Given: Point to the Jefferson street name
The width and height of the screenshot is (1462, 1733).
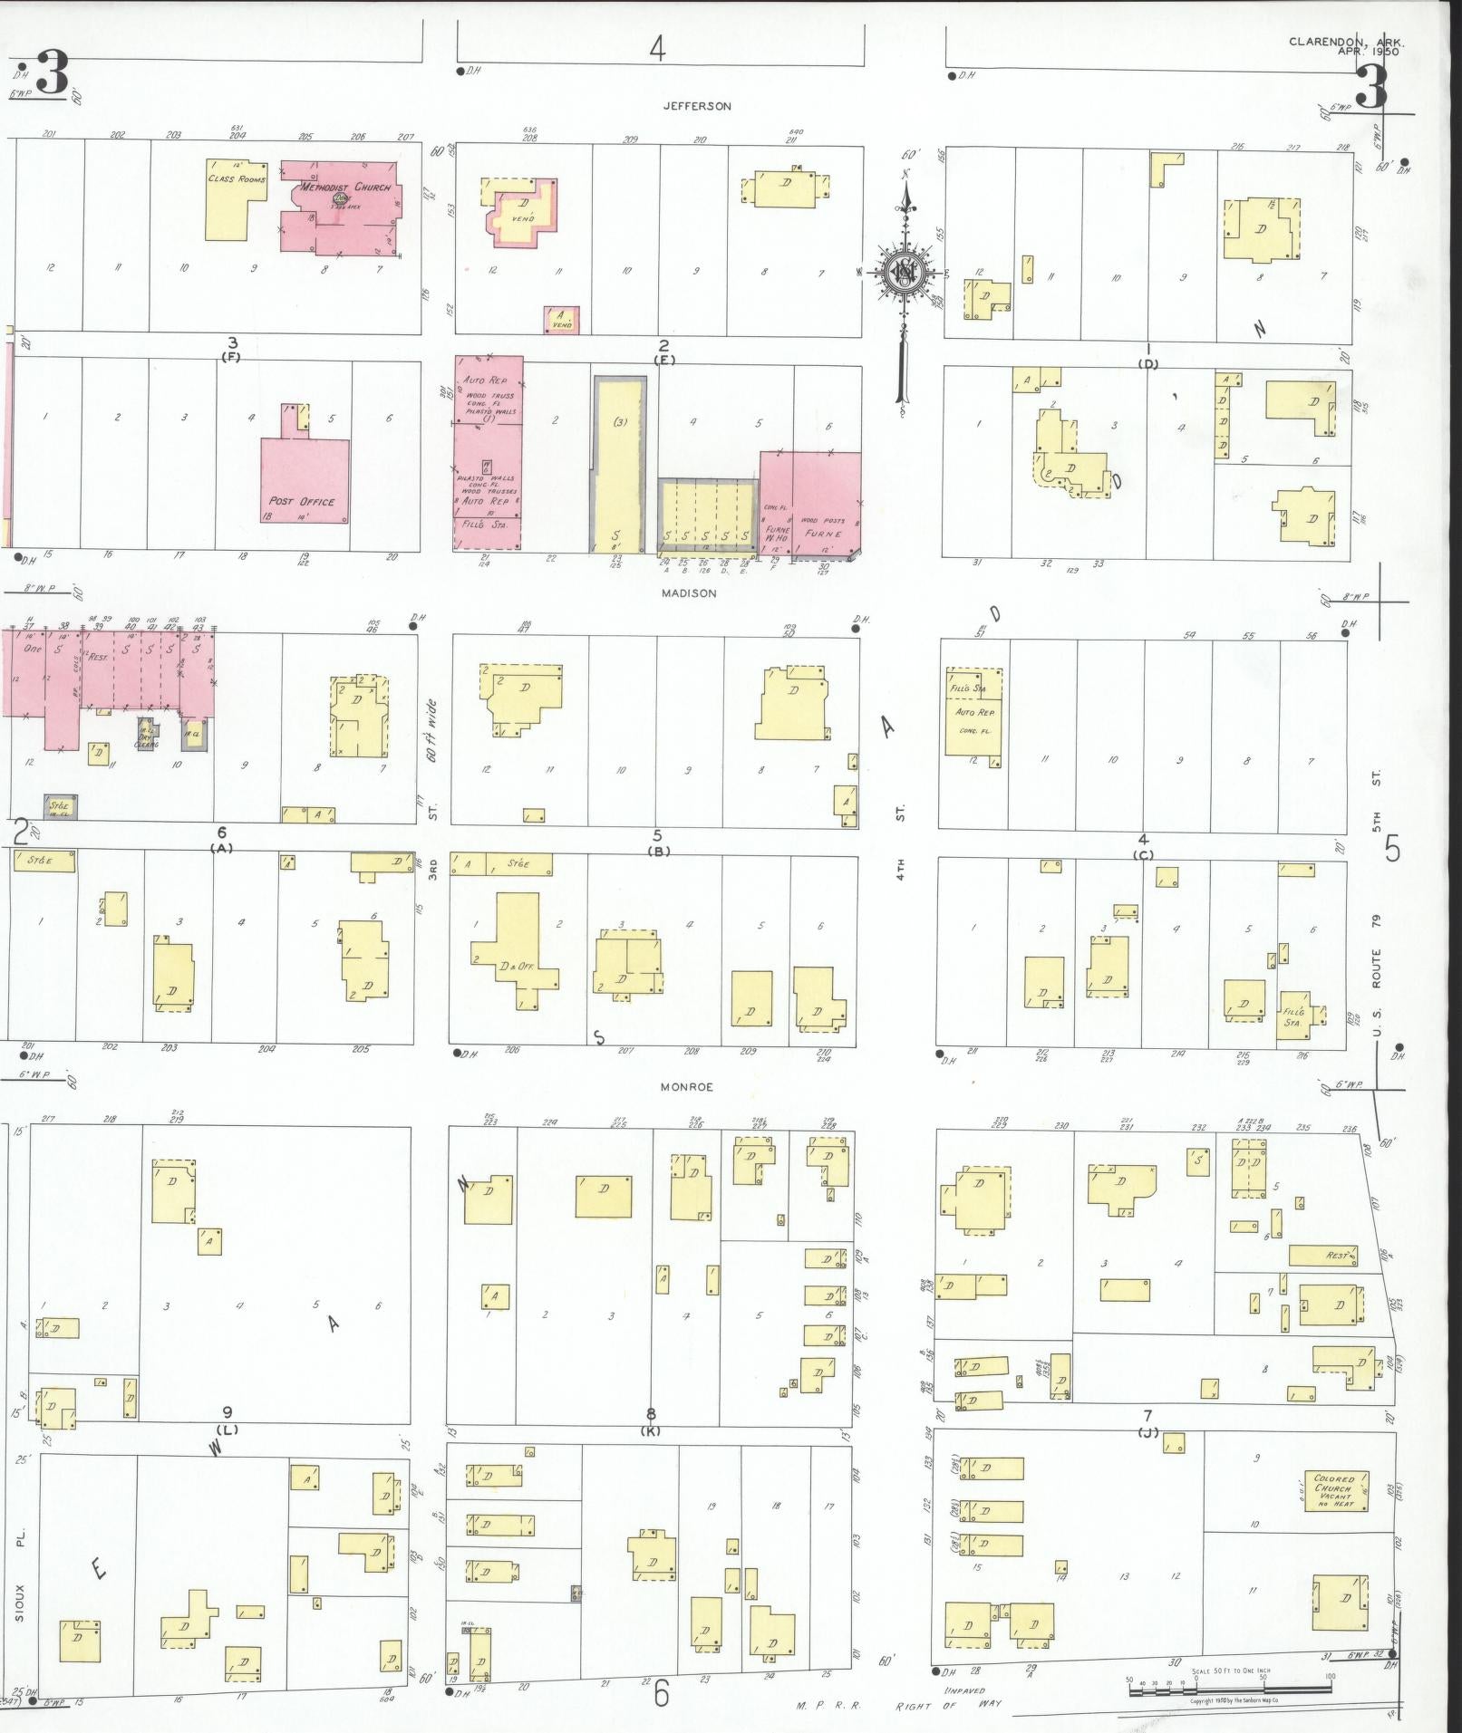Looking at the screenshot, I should pos(696,106).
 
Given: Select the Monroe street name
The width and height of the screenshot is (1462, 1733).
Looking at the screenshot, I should pos(686,1087).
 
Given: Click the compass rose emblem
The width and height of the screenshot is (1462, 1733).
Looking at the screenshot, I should pos(904,271).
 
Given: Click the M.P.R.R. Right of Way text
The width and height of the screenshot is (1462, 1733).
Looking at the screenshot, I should pos(899,1707).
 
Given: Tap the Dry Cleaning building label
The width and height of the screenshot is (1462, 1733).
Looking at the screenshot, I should pos(146,739).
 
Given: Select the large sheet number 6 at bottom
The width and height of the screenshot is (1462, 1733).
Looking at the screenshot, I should pos(662,1692).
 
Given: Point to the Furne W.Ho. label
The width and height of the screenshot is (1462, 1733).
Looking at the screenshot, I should pos(777,534).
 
